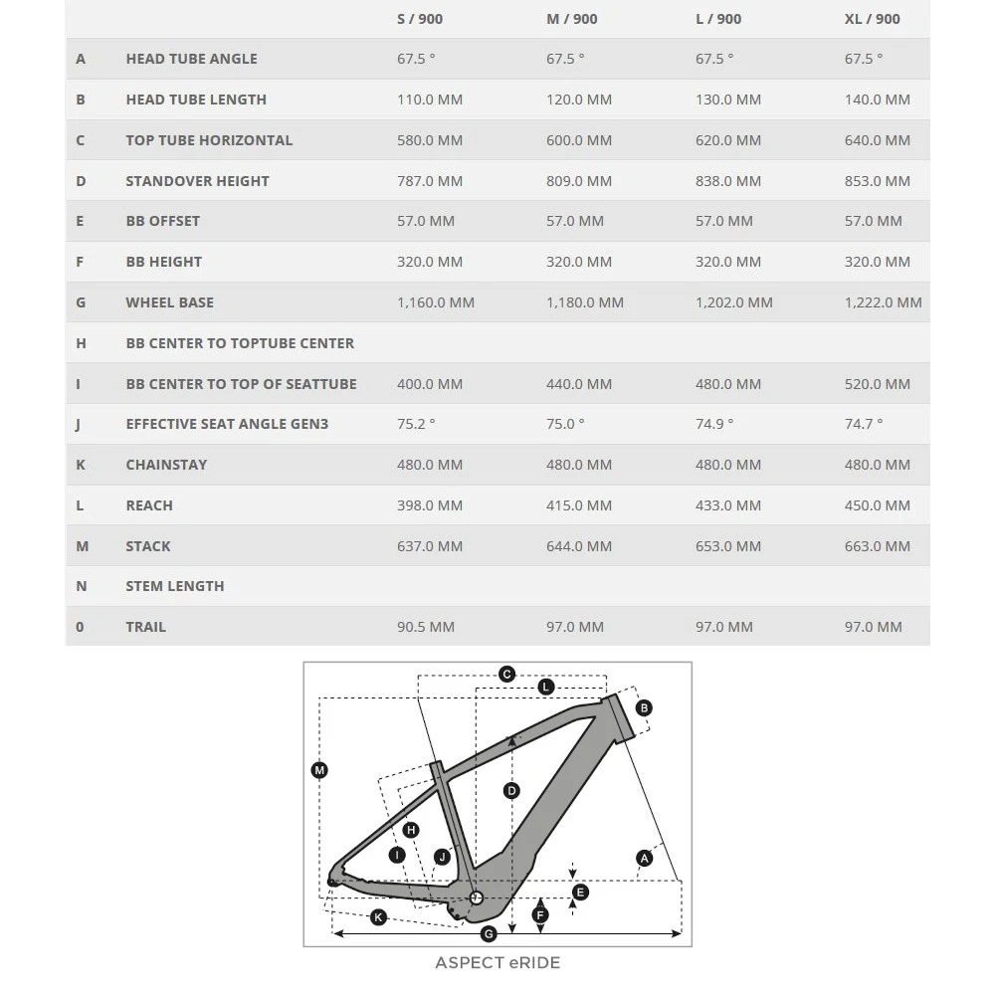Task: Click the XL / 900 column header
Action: pos(872,19)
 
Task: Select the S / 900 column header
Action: pos(420,19)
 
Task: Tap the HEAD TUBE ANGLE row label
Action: pos(191,59)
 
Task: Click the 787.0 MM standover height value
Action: pos(430,181)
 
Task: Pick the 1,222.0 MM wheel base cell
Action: pos(883,302)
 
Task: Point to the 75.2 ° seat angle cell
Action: pos(416,424)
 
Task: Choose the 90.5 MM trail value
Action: pos(426,627)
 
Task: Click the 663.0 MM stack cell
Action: pos(877,546)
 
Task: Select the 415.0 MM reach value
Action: pos(579,505)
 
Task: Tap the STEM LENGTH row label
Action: pos(175,586)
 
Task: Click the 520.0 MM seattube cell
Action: pos(877,384)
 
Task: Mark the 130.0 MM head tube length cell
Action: pos(728,99)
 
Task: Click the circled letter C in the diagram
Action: pos(506,675)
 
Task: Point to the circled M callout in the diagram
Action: pos(319,770)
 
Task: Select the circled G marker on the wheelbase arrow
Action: pos(489,934)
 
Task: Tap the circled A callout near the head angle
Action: pos(645,858)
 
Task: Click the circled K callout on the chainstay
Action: pos(378,917)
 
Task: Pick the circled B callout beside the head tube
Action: pos(644,708)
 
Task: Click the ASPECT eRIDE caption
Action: pos(497,963)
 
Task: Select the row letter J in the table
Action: pos(79,424)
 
